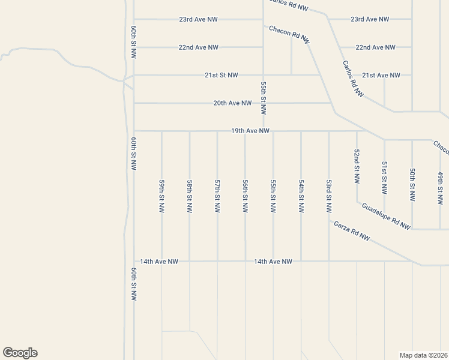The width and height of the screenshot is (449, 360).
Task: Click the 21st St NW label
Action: (x=221, y=75)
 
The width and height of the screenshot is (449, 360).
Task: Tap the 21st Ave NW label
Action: (x=381, y=75)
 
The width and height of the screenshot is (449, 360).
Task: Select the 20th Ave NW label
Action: (x=232, y=103)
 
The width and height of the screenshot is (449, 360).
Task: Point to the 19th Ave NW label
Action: (x=250, y=131)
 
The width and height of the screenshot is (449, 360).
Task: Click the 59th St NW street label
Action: (x=162, y=196)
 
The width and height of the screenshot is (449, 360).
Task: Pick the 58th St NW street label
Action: (x=190, y=196)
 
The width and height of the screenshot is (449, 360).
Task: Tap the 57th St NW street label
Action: (x=218, y=196)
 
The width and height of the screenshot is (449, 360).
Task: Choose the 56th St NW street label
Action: (x=246, y=196)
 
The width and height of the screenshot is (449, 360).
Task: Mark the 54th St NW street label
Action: (x=301, y=196)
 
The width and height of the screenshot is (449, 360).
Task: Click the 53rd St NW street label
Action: (x=329, y=196)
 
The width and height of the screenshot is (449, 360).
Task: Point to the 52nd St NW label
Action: (x=357, y=166)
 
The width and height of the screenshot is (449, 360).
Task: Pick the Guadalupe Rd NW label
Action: (x=386, y=216)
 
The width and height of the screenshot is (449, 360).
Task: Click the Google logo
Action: (x=20, y=353)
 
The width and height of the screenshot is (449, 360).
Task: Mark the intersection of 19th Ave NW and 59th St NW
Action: (x=162, y=131)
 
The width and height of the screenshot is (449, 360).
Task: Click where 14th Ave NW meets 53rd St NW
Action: (x=329, y=261)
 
